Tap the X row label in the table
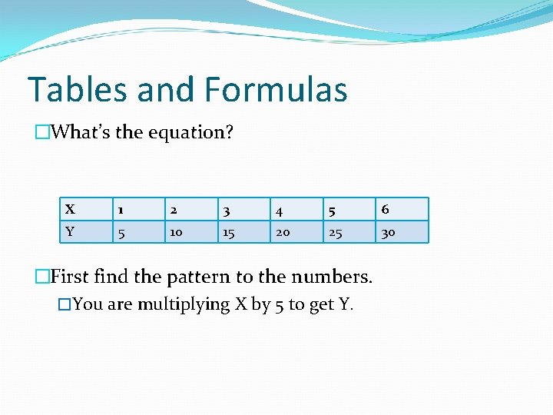70,209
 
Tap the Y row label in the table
70,231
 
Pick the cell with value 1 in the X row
120,209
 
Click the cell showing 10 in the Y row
176,232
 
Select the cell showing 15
228,232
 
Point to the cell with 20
283,232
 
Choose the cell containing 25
335,232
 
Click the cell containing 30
388,232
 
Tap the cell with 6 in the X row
385,209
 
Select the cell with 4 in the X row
279,209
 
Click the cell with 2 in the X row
174,209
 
